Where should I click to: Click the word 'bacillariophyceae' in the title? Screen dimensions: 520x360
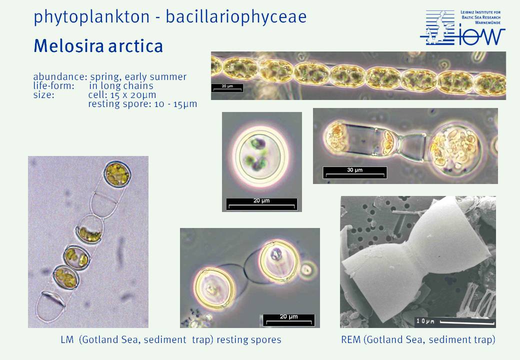236,17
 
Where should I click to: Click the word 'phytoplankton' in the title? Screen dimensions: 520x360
91,17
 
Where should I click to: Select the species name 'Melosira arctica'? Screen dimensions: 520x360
98,46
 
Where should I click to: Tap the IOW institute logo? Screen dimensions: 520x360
462,27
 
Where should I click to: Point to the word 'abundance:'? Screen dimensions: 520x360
60,76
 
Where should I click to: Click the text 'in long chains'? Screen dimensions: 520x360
121,86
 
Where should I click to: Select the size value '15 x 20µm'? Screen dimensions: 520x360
132,95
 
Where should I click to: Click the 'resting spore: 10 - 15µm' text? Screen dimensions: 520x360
142,104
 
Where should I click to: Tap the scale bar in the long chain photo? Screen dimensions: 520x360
227,88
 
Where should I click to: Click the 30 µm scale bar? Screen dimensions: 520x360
355,172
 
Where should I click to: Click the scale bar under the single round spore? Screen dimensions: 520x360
261,204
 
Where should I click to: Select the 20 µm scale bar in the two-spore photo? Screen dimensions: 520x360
288,320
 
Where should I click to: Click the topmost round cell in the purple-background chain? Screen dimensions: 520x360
116,174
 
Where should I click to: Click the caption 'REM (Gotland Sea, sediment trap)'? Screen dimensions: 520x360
418,339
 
